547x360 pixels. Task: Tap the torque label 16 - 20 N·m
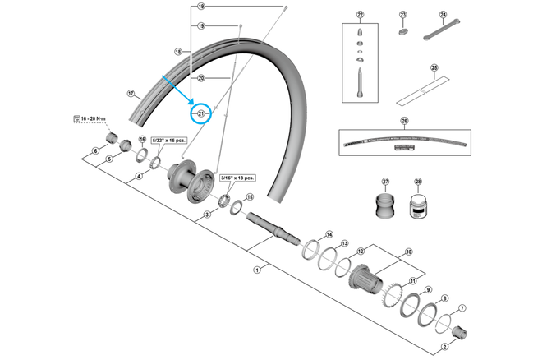point(93,120)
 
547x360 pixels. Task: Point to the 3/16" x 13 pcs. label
point(237,177)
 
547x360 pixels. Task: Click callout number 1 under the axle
point(257,269)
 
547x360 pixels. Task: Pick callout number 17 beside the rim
point(130,93)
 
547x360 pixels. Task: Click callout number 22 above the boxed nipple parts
point(360,16)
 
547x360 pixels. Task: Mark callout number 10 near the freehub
point(408,252)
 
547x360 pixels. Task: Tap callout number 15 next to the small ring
point(251,197)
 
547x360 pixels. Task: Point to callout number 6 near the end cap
point(95,150)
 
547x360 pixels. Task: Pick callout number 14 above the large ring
point(329,234)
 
